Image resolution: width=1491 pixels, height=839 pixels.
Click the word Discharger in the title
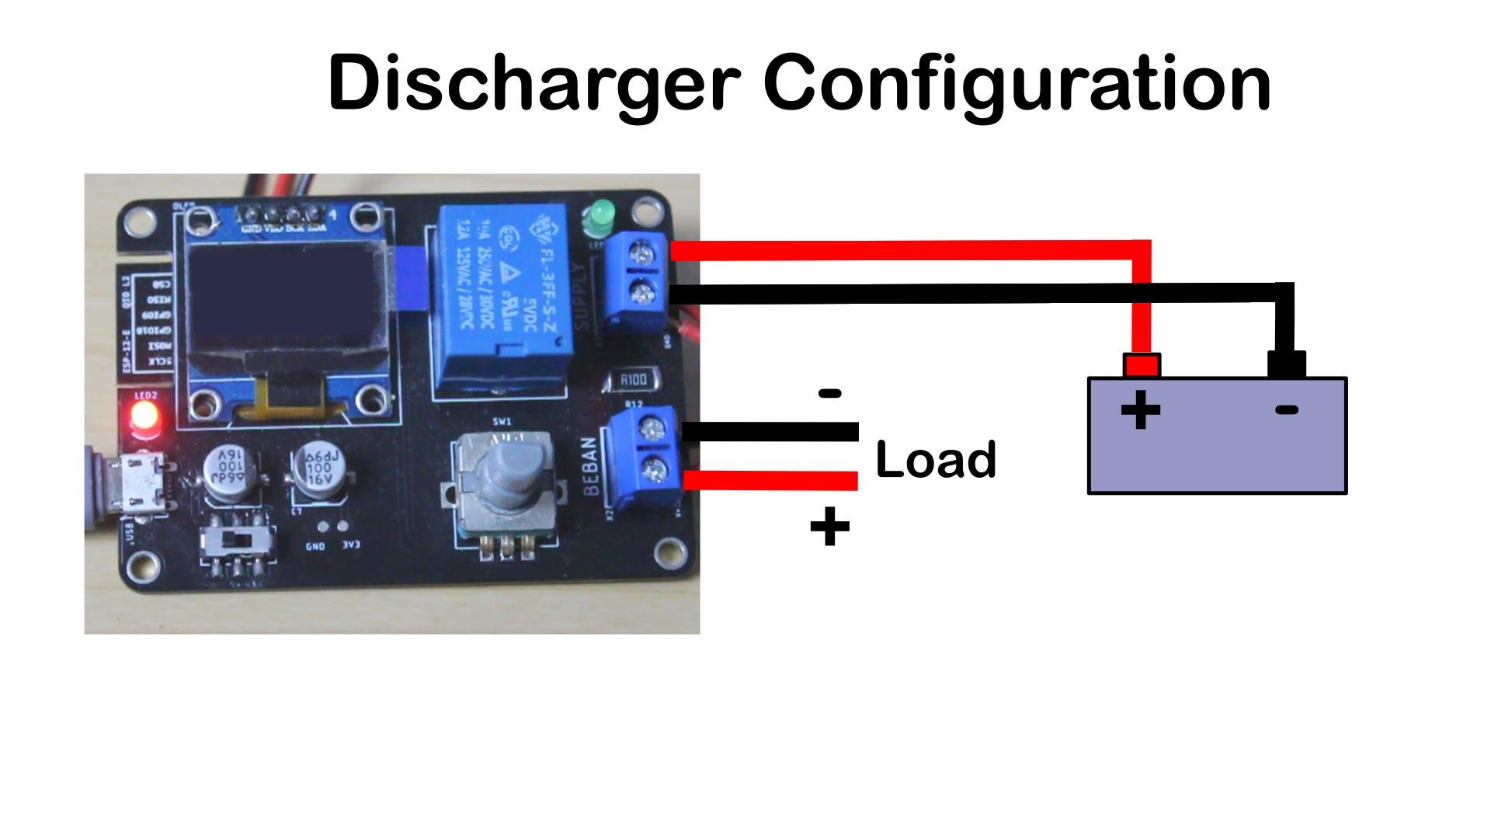pos(533,83)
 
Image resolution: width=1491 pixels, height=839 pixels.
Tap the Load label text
pos(935,459)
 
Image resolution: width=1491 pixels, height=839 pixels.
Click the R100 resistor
pos(633,380)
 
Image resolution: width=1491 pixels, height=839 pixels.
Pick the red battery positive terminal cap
pos(1141,365)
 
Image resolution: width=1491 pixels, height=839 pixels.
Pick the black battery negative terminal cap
pos(1286,364)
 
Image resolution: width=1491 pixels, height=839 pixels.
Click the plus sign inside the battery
pos(1140,410)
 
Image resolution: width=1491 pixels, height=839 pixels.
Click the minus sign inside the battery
pos(1287,410)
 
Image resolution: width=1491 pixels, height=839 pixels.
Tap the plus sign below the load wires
pos(829,527)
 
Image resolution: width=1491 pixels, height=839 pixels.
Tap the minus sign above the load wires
pos(830,394)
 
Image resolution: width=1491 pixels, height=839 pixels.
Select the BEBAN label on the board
pos(590,467)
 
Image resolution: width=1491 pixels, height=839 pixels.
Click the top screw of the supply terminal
pos(642,252)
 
